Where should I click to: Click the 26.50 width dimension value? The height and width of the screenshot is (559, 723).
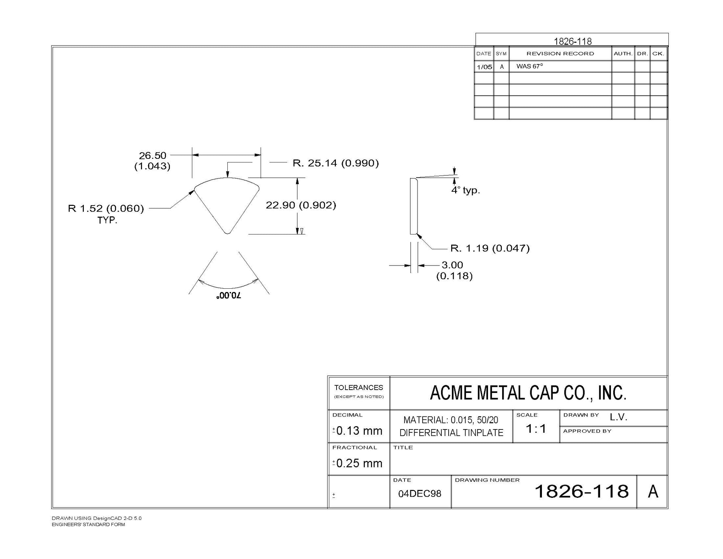click(153, 156)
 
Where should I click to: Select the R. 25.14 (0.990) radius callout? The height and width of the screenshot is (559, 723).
click(335, 163)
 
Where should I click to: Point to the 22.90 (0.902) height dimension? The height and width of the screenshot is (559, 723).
click(301, 205)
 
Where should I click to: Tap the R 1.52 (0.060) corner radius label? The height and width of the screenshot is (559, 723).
click(106, 208)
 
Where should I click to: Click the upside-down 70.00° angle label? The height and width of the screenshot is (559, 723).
click(229, 296)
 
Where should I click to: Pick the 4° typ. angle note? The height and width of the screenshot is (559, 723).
click(466, 190)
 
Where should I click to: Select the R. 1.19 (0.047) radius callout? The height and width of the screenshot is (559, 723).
click(490, 248)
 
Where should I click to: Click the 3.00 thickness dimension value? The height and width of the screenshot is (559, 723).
click(452, 265)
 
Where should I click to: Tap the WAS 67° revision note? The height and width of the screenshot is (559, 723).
click(530, 66)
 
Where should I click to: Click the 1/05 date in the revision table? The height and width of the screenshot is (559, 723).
click(484, 67)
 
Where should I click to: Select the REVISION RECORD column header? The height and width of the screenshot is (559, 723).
click(560, 54)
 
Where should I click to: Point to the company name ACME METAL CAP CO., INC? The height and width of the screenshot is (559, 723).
click(528, 393)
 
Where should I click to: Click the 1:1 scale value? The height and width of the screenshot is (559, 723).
click(536, 429)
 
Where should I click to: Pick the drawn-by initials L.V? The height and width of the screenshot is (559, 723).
click(619, 417)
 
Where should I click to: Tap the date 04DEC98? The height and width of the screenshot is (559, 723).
click(420, 494)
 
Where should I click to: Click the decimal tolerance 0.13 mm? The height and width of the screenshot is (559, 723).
click(359, 431)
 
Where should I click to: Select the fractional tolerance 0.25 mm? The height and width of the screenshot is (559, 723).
click(359, 463)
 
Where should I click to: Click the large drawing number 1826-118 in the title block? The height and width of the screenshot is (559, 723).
click(581, 491)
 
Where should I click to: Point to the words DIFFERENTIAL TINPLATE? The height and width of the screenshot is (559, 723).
click(451, 433)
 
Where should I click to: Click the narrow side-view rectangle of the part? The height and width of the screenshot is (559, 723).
click(414, 206)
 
